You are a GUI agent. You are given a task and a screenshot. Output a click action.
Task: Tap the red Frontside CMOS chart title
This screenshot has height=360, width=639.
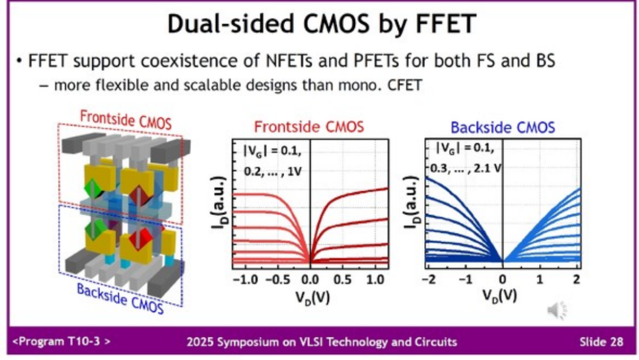tap(309, 127)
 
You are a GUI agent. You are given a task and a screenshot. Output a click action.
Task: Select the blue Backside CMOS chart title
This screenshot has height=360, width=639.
tap(502, 127)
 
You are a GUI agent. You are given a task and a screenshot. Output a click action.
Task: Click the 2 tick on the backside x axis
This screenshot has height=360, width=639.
tap(576, 278)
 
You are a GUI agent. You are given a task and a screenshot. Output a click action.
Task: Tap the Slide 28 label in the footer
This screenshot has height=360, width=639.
tap(601, 342)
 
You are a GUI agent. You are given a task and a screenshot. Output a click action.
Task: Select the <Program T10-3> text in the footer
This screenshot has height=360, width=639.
tap(61, 342)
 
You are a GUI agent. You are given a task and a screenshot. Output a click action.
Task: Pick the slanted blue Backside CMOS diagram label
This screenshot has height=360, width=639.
tap(120, 300)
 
